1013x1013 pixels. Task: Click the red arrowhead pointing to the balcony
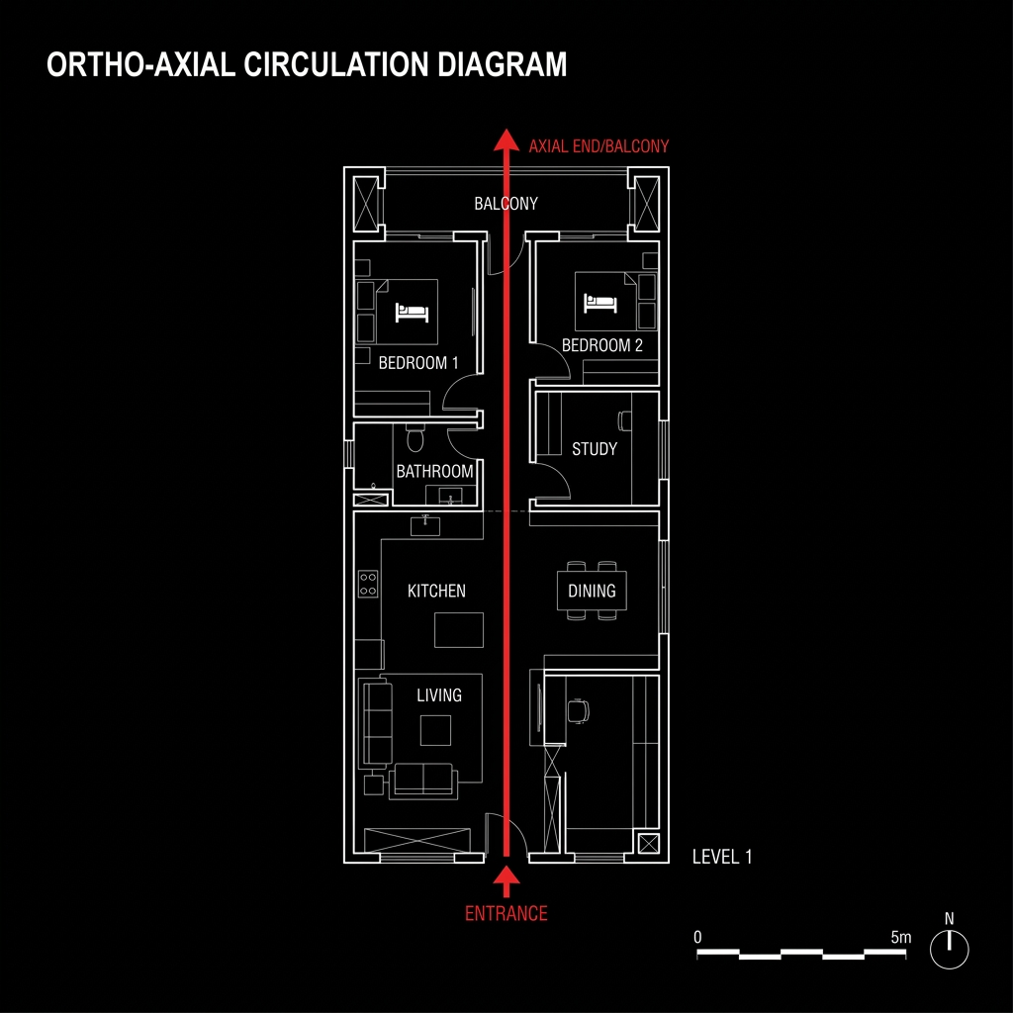[x=506, y=140]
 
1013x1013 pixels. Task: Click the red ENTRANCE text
[x=506, y=913]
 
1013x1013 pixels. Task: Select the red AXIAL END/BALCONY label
[x=599, y=146]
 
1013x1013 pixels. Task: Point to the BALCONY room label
[x=506, y=204]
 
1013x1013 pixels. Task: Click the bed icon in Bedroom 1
[x=413, y=313]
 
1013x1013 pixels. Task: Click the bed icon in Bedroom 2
[x=600, y=303]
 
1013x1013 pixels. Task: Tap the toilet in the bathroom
[x=415, y=438]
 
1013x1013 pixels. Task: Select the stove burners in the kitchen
[x=368, y=584]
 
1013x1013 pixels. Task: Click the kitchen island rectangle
[x=459, y=630]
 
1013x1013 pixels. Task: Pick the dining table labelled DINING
[x=592, y=591]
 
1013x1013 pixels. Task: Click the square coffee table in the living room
[x=435, y=731]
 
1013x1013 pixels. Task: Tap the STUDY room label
[x=595, y=448]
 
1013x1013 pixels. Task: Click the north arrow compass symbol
[x=949, y=949]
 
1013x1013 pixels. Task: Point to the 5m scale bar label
[x=900, y=937]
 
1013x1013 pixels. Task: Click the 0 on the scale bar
[x=697, y=937]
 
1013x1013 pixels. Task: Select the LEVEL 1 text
[x=722, y=857]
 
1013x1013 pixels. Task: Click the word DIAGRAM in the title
[x=502, y=64]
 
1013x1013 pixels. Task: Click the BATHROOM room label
[x=435, y=471]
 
